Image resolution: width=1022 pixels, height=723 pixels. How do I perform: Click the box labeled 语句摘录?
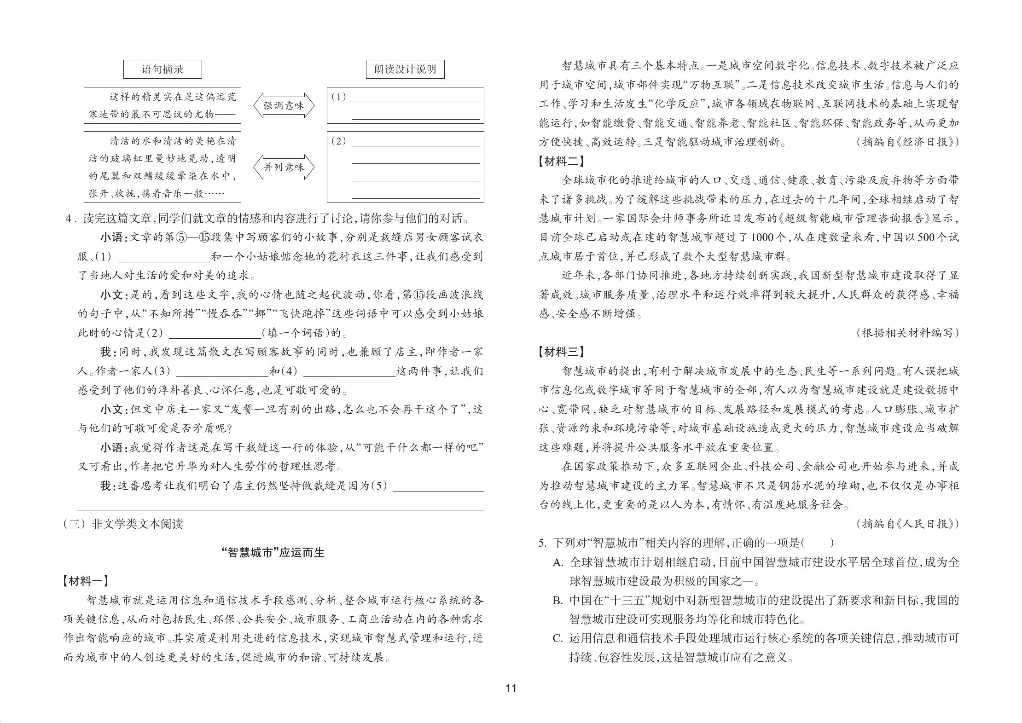(163, 69)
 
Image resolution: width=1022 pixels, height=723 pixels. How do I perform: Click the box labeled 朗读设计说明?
(405, 69)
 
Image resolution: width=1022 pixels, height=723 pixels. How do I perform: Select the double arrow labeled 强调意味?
(284, 105)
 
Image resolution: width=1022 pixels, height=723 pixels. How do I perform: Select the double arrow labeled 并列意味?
(284, 167)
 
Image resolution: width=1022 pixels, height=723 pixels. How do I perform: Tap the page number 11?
(511, 688)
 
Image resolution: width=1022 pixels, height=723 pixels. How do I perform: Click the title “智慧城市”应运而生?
(273, 553)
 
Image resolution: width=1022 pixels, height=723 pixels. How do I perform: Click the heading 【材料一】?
(86, 581)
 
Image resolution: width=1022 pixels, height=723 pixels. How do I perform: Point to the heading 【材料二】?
(562, 161)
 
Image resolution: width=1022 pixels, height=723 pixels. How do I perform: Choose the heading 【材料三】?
(562, 352)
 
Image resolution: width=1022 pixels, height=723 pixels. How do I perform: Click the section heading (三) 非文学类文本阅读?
(123, 524)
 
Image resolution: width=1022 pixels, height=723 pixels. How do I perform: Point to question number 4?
(70, 219)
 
